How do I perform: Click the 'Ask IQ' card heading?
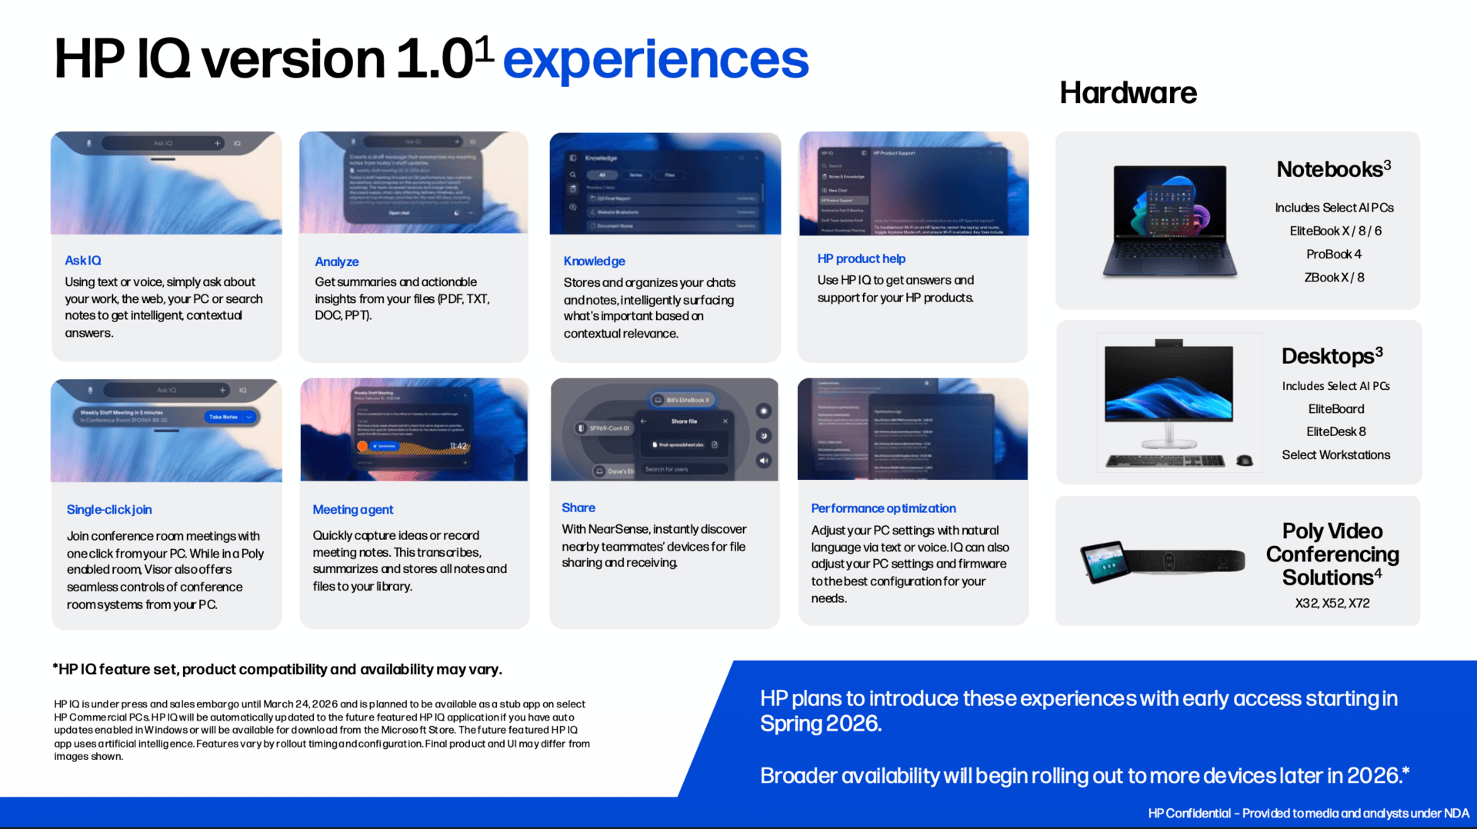point(83,261)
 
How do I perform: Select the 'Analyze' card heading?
point(337,261)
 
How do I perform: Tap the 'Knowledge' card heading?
point(594,261)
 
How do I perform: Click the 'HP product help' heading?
point(861,259)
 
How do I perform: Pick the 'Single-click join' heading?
point(109,510)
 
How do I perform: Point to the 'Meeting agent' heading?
point(352,510)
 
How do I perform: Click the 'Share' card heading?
point(578,508)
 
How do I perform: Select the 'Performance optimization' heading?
point(883,508)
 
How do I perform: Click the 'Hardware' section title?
point(1128,93)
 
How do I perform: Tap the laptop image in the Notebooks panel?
point(1169,221)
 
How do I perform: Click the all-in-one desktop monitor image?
point(1169,392)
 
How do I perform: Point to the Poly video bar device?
point(1185,561)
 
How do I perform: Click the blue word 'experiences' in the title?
point(655,59)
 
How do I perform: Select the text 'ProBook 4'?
point(1333,255)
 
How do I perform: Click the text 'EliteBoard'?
point(1336,409)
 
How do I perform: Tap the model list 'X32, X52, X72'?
point(1332,604)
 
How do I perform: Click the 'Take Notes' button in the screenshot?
point(228,417)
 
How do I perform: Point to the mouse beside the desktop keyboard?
point(1244,461)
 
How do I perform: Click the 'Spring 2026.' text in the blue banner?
point(820,724)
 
